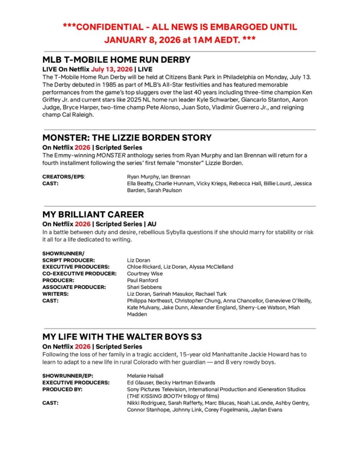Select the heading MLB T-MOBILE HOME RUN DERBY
116,60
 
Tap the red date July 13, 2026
112,70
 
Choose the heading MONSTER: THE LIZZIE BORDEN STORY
127,137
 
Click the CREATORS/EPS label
63,177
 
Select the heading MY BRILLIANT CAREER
93,214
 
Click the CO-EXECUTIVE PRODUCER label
79,274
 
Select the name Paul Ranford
142,280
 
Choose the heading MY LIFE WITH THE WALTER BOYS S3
122,337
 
